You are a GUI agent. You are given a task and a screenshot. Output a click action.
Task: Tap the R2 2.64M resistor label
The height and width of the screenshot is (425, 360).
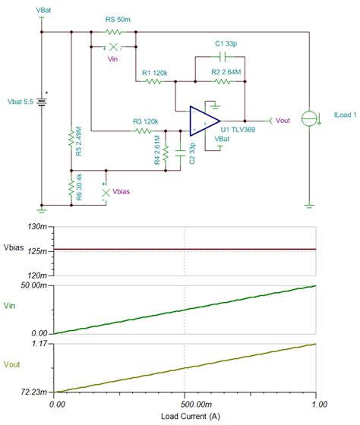[x=226, y=72]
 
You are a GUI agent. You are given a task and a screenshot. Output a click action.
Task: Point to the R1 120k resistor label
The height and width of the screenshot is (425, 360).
[x=155, y=72]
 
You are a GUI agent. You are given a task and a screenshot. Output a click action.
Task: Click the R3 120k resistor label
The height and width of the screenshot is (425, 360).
[x=147, y=121]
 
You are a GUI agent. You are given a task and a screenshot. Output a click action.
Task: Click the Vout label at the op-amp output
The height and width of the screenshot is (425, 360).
[x=283, y=121]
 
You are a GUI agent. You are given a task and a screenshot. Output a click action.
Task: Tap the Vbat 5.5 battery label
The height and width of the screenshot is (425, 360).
[x=21, y=100]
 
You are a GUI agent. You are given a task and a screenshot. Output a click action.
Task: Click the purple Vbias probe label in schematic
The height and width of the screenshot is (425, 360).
[x=121, y=193]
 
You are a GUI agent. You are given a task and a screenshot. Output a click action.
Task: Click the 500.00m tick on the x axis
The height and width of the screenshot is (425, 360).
[x=185, y=405]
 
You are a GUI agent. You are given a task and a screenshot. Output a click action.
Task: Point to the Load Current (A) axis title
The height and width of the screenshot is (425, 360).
[x=185, y=417]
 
